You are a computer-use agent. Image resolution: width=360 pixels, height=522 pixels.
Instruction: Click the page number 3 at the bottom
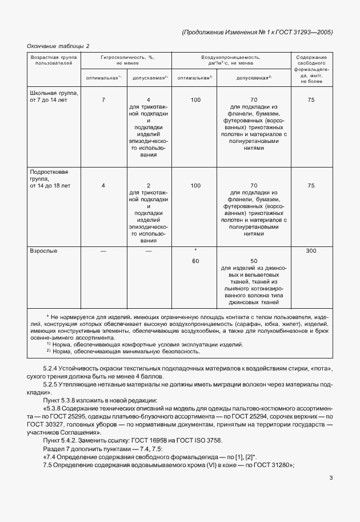point(331,478)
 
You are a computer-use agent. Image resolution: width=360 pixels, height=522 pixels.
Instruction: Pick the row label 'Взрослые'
point(43,250)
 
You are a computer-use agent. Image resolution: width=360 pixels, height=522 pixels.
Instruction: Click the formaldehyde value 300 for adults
point(311,250)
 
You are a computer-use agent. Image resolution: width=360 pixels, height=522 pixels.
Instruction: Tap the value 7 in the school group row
point(103,100)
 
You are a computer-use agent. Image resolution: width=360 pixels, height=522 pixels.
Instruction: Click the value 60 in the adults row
point(195,261)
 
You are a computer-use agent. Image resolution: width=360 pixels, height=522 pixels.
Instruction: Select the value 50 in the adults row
point(254,261)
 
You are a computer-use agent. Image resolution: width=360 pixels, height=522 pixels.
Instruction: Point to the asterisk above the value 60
point(195,251)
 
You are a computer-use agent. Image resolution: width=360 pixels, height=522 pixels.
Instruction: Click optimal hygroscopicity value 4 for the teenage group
point(103,185)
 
